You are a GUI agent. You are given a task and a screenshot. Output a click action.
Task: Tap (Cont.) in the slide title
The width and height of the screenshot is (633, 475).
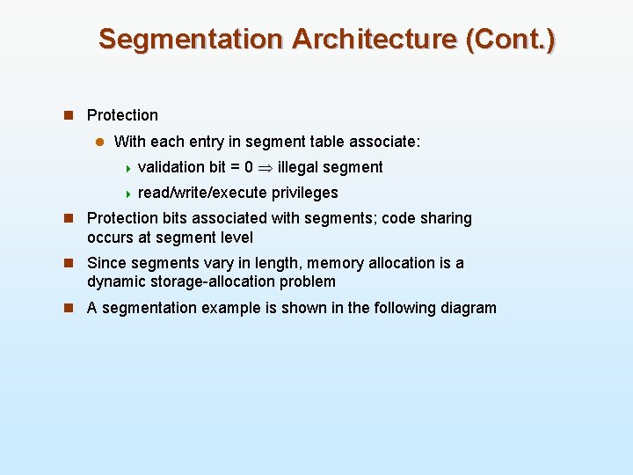[512, 40]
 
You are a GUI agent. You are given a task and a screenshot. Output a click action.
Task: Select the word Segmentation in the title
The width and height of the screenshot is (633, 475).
[191, 40]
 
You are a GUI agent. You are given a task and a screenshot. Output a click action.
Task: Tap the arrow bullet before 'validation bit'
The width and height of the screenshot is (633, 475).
[128, 168]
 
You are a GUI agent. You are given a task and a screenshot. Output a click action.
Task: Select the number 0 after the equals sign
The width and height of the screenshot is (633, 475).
[249, 167]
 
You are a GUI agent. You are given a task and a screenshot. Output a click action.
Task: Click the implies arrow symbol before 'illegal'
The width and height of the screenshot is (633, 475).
[266, 168]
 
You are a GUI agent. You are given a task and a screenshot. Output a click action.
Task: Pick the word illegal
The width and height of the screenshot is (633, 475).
[302, 167]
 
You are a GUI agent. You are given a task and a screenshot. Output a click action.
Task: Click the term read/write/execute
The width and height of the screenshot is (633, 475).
[202, 193]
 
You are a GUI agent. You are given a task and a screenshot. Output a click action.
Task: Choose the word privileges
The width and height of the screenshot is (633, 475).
[305, 193]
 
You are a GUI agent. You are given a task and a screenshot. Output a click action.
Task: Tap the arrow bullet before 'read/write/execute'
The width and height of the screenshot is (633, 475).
[128, 194]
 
